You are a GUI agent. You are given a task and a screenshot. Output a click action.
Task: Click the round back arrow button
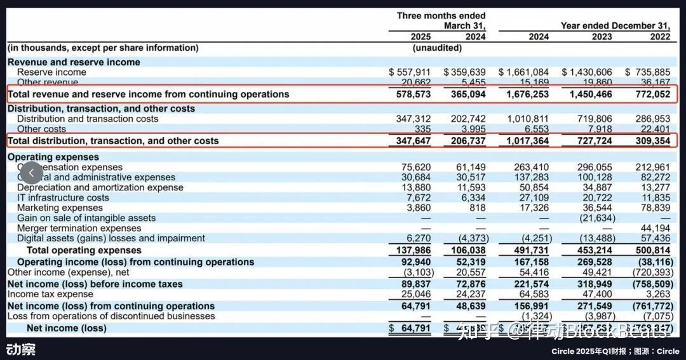coord(32,172)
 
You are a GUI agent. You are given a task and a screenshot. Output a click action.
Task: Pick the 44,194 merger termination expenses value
coord(656,228)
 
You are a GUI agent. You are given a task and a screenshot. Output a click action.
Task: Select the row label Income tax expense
coord(50,295)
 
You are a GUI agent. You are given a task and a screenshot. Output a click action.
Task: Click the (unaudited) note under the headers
coord(438,48)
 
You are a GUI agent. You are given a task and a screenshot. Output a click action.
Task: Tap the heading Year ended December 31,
coord(615,26)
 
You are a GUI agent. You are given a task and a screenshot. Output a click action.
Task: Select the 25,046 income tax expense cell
coord(416,295)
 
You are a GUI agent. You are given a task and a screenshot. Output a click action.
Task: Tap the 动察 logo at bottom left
coord(21,349)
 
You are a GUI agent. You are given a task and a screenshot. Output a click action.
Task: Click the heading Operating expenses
coord(53,157)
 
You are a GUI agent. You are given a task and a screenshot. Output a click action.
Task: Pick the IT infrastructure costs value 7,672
coord(419,197)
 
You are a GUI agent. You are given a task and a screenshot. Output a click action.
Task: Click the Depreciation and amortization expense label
coord(100,187)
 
